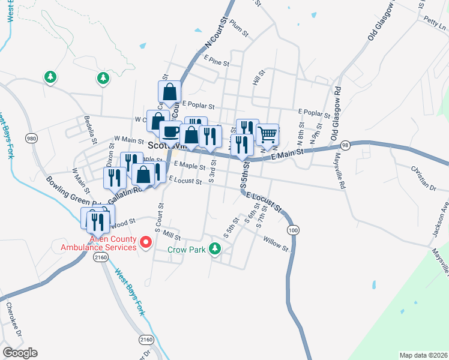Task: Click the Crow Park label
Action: tap(185, 249)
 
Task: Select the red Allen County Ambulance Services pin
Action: tap(145, 242)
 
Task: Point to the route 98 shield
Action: tap(345, 145)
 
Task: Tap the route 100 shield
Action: tap(293, 230)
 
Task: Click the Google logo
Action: tap(20, 352)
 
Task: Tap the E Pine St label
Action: tap(217, 61)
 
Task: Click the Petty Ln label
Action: tap(435, 23)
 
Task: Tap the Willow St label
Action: tap(276, 242)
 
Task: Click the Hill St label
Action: tap(259, 77)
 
